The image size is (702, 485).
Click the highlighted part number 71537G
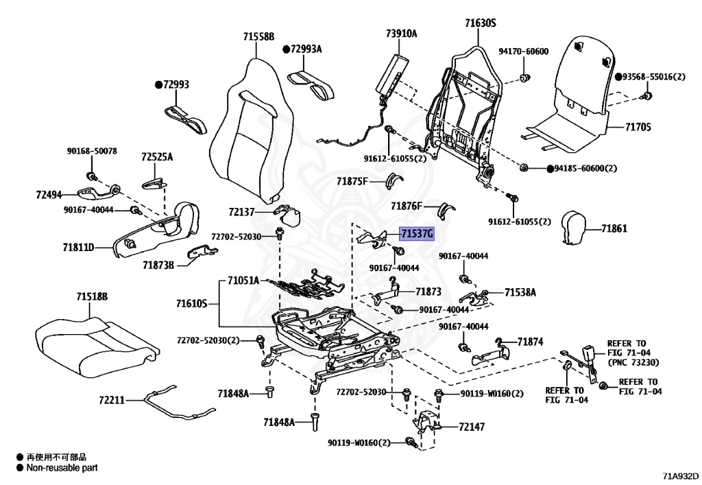click(417, 234)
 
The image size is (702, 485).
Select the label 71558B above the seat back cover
click(258, 36)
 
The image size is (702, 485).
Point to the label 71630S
click(480, 23)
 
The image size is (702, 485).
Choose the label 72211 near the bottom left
click(111, 399)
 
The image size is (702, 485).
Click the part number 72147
click(472, 427)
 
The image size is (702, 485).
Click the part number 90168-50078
click(92, 151)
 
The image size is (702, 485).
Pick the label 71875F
click(352, 181)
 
